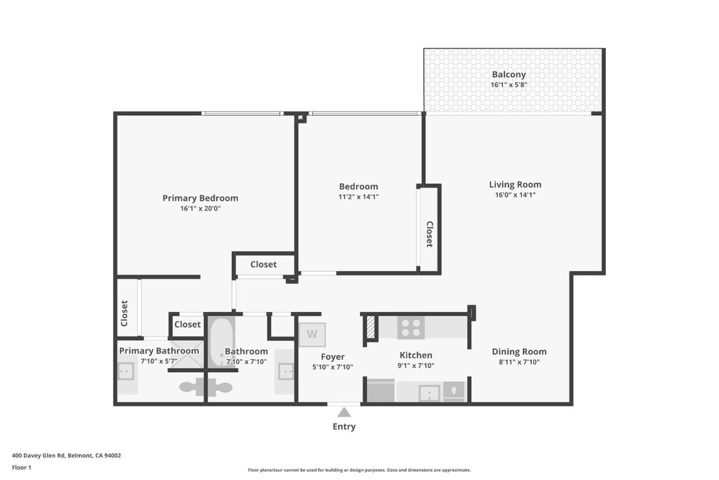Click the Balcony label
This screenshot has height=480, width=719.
click(509, 75)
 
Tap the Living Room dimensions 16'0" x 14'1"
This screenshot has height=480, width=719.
click(515, 195)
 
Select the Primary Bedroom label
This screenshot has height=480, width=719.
click(200, 198)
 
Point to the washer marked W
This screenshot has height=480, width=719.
click(312, 334)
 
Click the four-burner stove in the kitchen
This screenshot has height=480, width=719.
click(411, 328)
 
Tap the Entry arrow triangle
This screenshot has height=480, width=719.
click(344, 412)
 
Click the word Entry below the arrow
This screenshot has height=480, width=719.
click(344, 426)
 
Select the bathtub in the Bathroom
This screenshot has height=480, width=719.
click(221, 342)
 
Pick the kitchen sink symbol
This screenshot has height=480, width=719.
click(429, 393)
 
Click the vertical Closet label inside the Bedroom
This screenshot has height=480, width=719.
click(429, 234)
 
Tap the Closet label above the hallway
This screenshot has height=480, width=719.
click(263, 264)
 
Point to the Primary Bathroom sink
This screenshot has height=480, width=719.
click(126, 373)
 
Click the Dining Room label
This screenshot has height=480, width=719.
click(519, 352)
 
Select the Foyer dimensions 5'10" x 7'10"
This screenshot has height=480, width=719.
click(333, 367)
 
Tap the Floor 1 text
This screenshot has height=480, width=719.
click(21, 467)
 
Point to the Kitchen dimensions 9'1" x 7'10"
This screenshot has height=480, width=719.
click(416, 365)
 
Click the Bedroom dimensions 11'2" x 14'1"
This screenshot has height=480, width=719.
click(358, 196)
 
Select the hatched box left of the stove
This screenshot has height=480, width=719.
click(370, 328)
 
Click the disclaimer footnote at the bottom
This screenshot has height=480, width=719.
click(359, 470)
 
